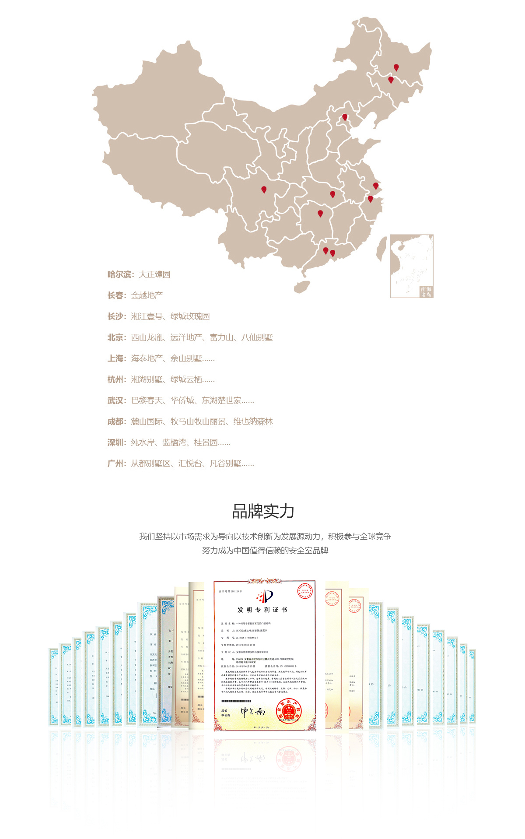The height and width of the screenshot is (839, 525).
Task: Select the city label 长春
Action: click(115, 295)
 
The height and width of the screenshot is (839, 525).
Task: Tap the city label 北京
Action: click(115, 337)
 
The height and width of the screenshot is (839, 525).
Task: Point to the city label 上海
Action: click(115, 358)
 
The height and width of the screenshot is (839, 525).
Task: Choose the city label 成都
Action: click(115, 421)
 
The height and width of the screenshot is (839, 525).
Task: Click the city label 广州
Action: click(115, 463)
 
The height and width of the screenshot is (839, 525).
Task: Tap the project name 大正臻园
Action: click(154, 274)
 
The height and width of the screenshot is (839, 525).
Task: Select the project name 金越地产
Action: click(147, 295)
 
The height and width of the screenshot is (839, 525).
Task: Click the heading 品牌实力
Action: click(263, 511)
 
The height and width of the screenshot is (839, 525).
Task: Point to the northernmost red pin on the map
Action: click(396, 67)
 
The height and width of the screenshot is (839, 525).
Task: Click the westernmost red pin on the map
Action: click(264, 189)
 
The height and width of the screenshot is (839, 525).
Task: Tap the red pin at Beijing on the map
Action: click(345, 117)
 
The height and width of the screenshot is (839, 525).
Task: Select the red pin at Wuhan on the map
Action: click(332, 194)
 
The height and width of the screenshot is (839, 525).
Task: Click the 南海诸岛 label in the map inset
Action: click(426, 292)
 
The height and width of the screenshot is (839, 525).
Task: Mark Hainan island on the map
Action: click(302, 287)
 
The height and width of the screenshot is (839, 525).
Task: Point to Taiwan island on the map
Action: click(381, 248)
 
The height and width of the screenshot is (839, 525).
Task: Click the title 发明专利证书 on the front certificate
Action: click(262, 610)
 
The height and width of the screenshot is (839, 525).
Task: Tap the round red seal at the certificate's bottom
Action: click(289, 710)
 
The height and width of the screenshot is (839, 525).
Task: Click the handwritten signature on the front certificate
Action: click(253, 712)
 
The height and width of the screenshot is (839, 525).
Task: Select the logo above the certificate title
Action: click(265, 596)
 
